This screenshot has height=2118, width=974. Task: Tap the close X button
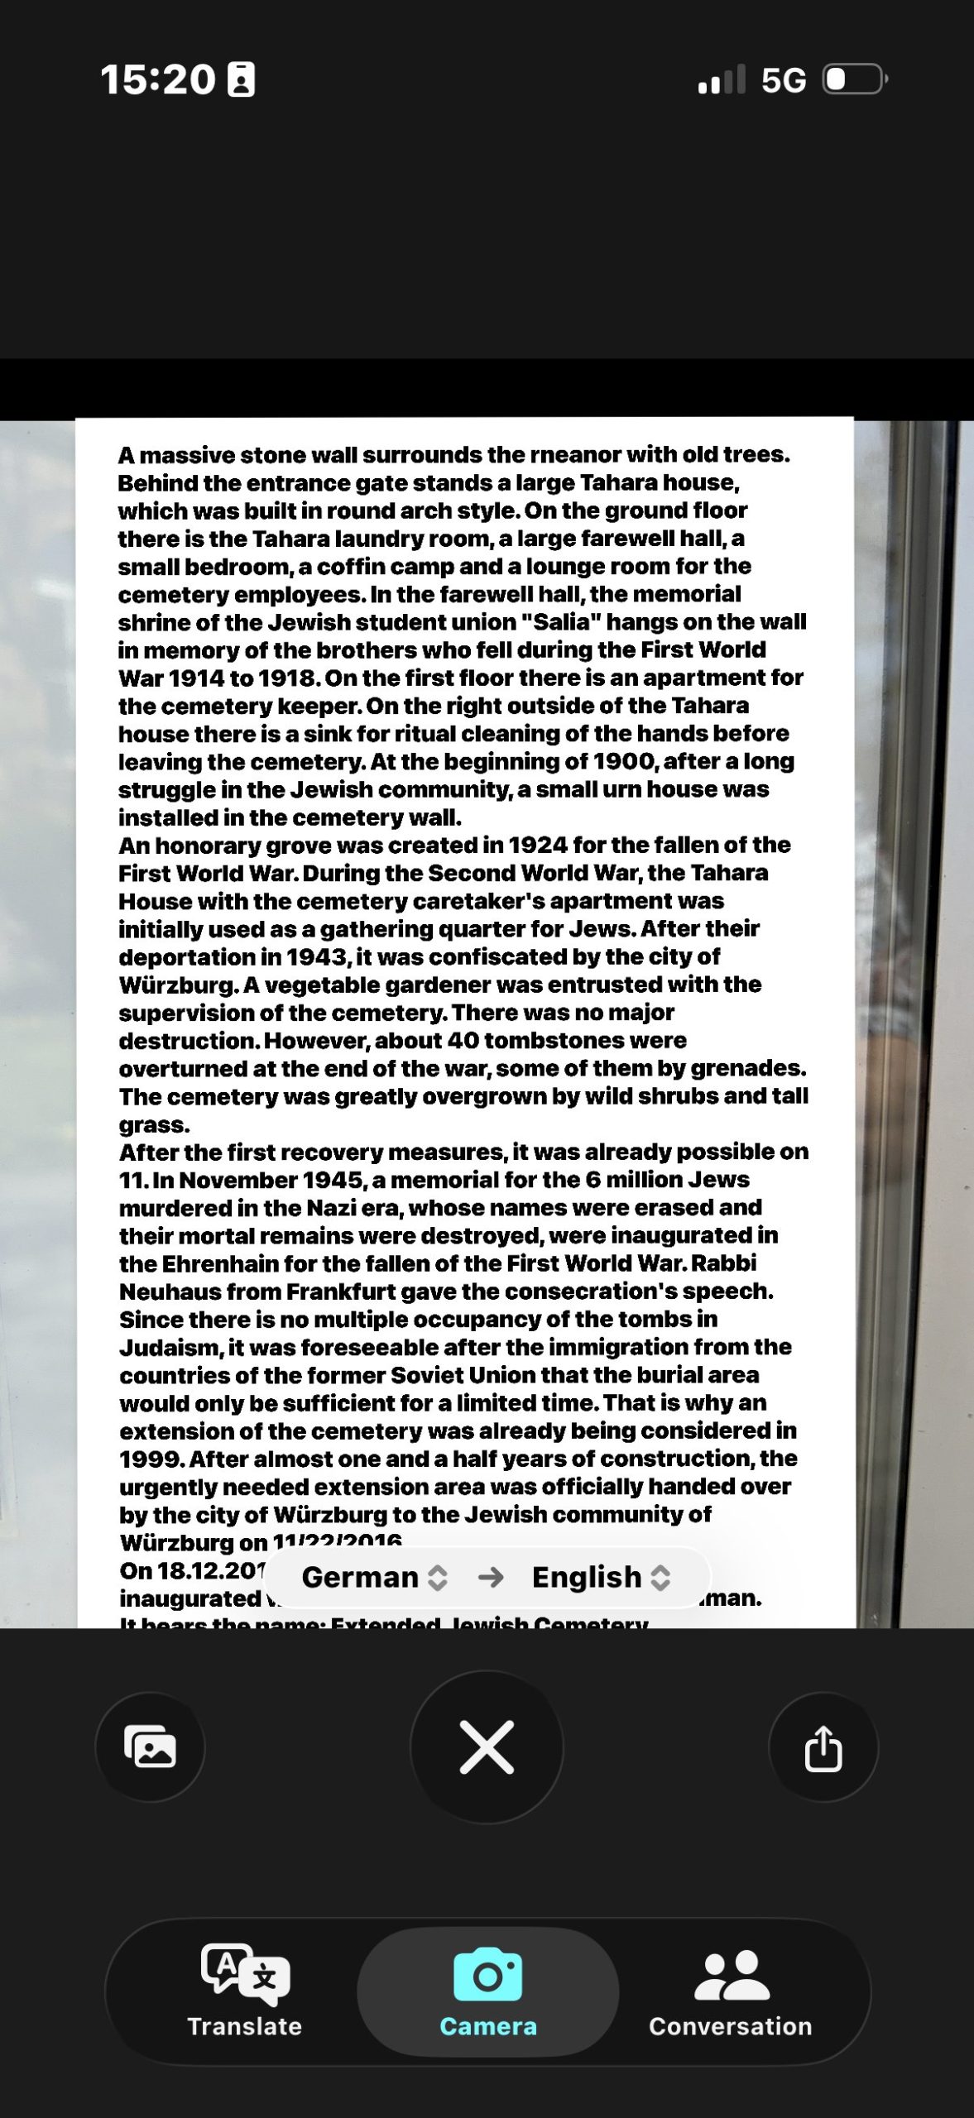point(487,1747)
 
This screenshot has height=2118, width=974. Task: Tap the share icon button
point(823,1747)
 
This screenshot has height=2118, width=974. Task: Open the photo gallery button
point(150,1747)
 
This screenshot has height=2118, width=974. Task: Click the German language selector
point(373,1577)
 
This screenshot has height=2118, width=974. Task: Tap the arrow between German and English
point(491,1577)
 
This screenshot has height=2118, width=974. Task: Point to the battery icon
point(855,79)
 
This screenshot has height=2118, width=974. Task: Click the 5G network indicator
point(783,80)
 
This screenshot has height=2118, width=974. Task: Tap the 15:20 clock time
point(157,80)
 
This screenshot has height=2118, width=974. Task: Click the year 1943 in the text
point(317,957)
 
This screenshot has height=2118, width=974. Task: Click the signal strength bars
point(721,80)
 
